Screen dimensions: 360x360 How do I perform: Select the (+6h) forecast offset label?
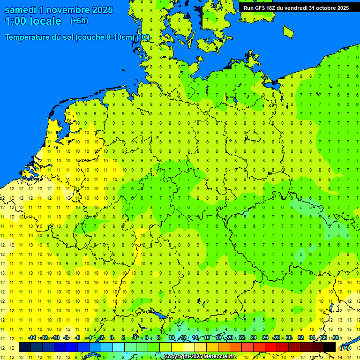point(79,21)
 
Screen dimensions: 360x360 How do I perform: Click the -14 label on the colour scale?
point(32,338)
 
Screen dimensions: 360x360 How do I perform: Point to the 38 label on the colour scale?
point(336,338)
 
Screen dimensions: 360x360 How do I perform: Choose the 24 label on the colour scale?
point(254,338)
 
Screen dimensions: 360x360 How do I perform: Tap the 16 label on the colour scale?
point(207,338)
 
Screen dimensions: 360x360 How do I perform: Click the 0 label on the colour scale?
point(112,338)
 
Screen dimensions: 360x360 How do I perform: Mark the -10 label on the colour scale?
point(55,338)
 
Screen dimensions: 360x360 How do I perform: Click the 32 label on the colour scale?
point(300,338)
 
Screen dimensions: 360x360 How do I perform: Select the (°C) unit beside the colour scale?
point(345,347)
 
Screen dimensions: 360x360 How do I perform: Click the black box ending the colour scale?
point(330,347)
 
